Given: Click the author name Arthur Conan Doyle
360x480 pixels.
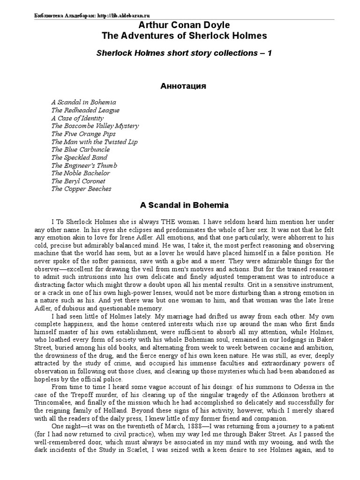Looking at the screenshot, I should coord(180,25).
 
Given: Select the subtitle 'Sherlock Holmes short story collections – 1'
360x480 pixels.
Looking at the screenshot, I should coord(184,53).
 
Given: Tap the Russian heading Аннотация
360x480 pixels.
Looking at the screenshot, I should coord(180,87).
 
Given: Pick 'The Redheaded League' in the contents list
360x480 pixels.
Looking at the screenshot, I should coord(85,110).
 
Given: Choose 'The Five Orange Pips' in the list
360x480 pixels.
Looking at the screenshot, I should coord(84,134).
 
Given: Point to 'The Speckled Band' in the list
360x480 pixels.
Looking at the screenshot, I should coord(79,157).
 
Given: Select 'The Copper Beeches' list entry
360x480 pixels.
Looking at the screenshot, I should coord(81,189).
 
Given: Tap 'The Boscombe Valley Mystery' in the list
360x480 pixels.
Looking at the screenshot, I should coord(95,126).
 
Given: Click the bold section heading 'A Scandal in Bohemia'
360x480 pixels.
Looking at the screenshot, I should coord(180,205).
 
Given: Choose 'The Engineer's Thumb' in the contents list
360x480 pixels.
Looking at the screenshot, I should coord(84,165).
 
